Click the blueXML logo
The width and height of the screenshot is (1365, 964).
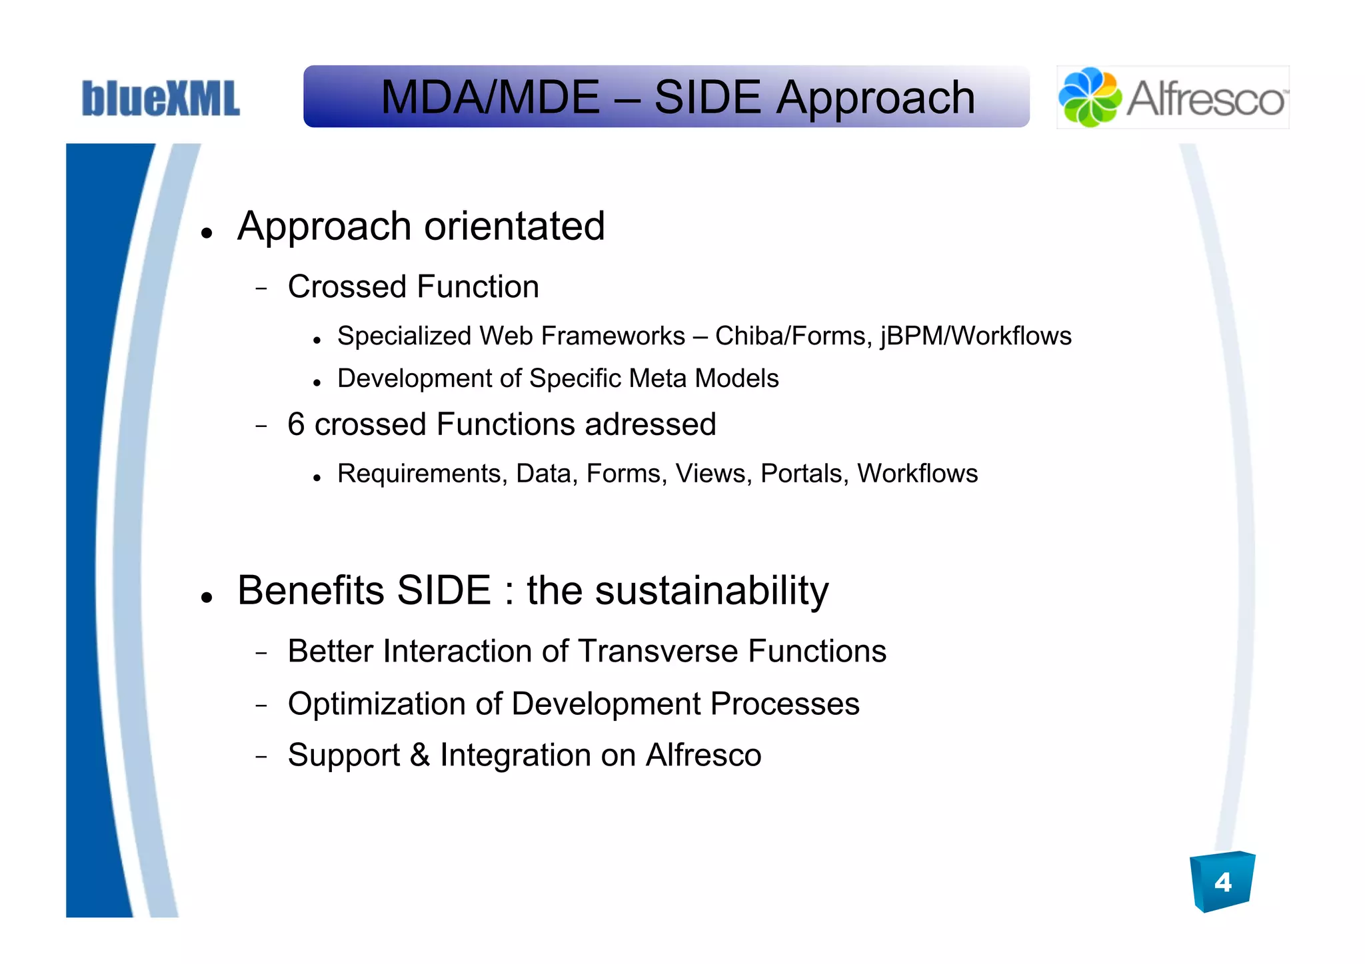tap(160, 99)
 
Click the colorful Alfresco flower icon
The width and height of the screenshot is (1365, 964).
tap(1089, 97)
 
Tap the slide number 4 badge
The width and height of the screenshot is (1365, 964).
tap(1222, 882)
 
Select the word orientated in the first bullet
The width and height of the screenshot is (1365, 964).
tap(515, 227)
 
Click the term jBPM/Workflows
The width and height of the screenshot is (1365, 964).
tap(976, 336)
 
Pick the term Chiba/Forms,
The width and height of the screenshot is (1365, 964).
tap(794, 336)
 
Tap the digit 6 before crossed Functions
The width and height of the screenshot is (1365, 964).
tap(296, 424)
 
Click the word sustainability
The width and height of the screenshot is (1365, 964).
tap(711, 591)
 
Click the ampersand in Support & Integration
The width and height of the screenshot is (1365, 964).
tap(419, 755)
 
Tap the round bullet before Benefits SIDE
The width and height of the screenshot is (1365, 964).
tap(207, 597)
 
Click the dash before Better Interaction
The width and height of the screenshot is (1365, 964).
tap(261, 654)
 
